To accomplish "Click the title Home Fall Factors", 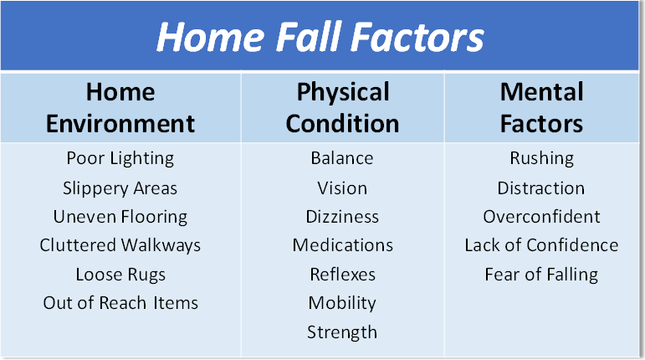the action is tap(320, 37).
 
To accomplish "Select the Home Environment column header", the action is tap(120, 107).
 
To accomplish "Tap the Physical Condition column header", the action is tap(343, 107).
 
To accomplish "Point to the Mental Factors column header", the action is tap(542, 107).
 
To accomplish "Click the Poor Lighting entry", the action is tap(120, 158).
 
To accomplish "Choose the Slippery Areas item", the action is tap(120, 188).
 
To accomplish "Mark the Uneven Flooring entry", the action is tap(120, 217).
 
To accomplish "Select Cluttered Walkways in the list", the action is tap(120, 245).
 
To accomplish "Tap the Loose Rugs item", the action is tap(120, 275).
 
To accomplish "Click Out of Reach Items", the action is tap(120, 303).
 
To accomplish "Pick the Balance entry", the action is tap(342, 158).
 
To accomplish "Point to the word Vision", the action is tap(342, 188).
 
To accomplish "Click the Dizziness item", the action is tap(342, 217).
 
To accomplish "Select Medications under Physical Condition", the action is tap(343, 245).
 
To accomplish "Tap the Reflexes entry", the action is tap(343, 275).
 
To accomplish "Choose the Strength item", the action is tap(342, 332).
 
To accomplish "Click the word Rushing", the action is tap(542, 158).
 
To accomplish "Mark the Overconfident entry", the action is tap(542, 217).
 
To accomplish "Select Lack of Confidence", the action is tap(542, 245).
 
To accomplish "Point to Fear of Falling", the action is tap(542, 275).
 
